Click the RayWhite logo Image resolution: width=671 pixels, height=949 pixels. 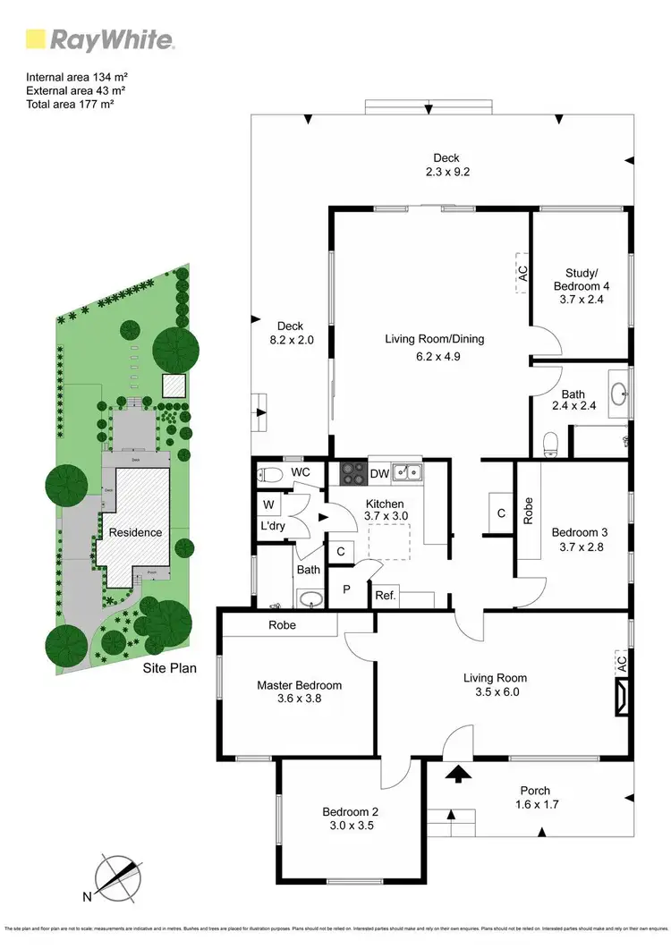pos(98,39)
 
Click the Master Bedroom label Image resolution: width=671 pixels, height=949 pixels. pos(299,685)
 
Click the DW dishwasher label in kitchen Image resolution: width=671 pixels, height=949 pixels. pos(378,473)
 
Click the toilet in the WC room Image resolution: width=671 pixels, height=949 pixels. pos(269,473)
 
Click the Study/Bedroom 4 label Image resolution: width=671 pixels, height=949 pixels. pos(581,280)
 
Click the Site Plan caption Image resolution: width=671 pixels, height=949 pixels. pos(170,668)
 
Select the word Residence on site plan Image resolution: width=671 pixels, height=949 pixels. pos(135,532)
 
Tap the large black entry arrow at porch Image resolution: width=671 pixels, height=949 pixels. pos(457,773)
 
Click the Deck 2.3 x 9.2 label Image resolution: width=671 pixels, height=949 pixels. pos(446,165)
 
